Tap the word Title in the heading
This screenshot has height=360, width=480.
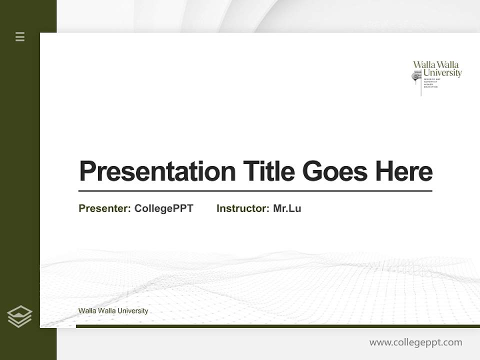(268, 171)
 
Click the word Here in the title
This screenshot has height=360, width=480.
(404, 171)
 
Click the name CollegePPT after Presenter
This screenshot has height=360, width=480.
(163, 208)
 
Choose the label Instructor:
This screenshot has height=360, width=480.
(243, 208)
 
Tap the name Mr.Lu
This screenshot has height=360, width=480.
(287, 208)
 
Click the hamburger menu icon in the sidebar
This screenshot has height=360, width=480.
(20, 36)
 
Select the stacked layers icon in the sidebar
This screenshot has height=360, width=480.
(19, 316)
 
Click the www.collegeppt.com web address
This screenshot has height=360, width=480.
(415, 342)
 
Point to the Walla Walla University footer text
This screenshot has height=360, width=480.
(113, 311)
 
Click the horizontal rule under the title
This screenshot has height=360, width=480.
(255, 191)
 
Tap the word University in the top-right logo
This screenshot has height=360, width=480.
(442, 73)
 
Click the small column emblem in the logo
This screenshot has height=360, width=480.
(416, 76)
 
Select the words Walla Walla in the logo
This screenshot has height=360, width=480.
(435, 64)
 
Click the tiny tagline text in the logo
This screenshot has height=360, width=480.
(431, 83)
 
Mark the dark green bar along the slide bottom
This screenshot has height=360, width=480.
(277, 326)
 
